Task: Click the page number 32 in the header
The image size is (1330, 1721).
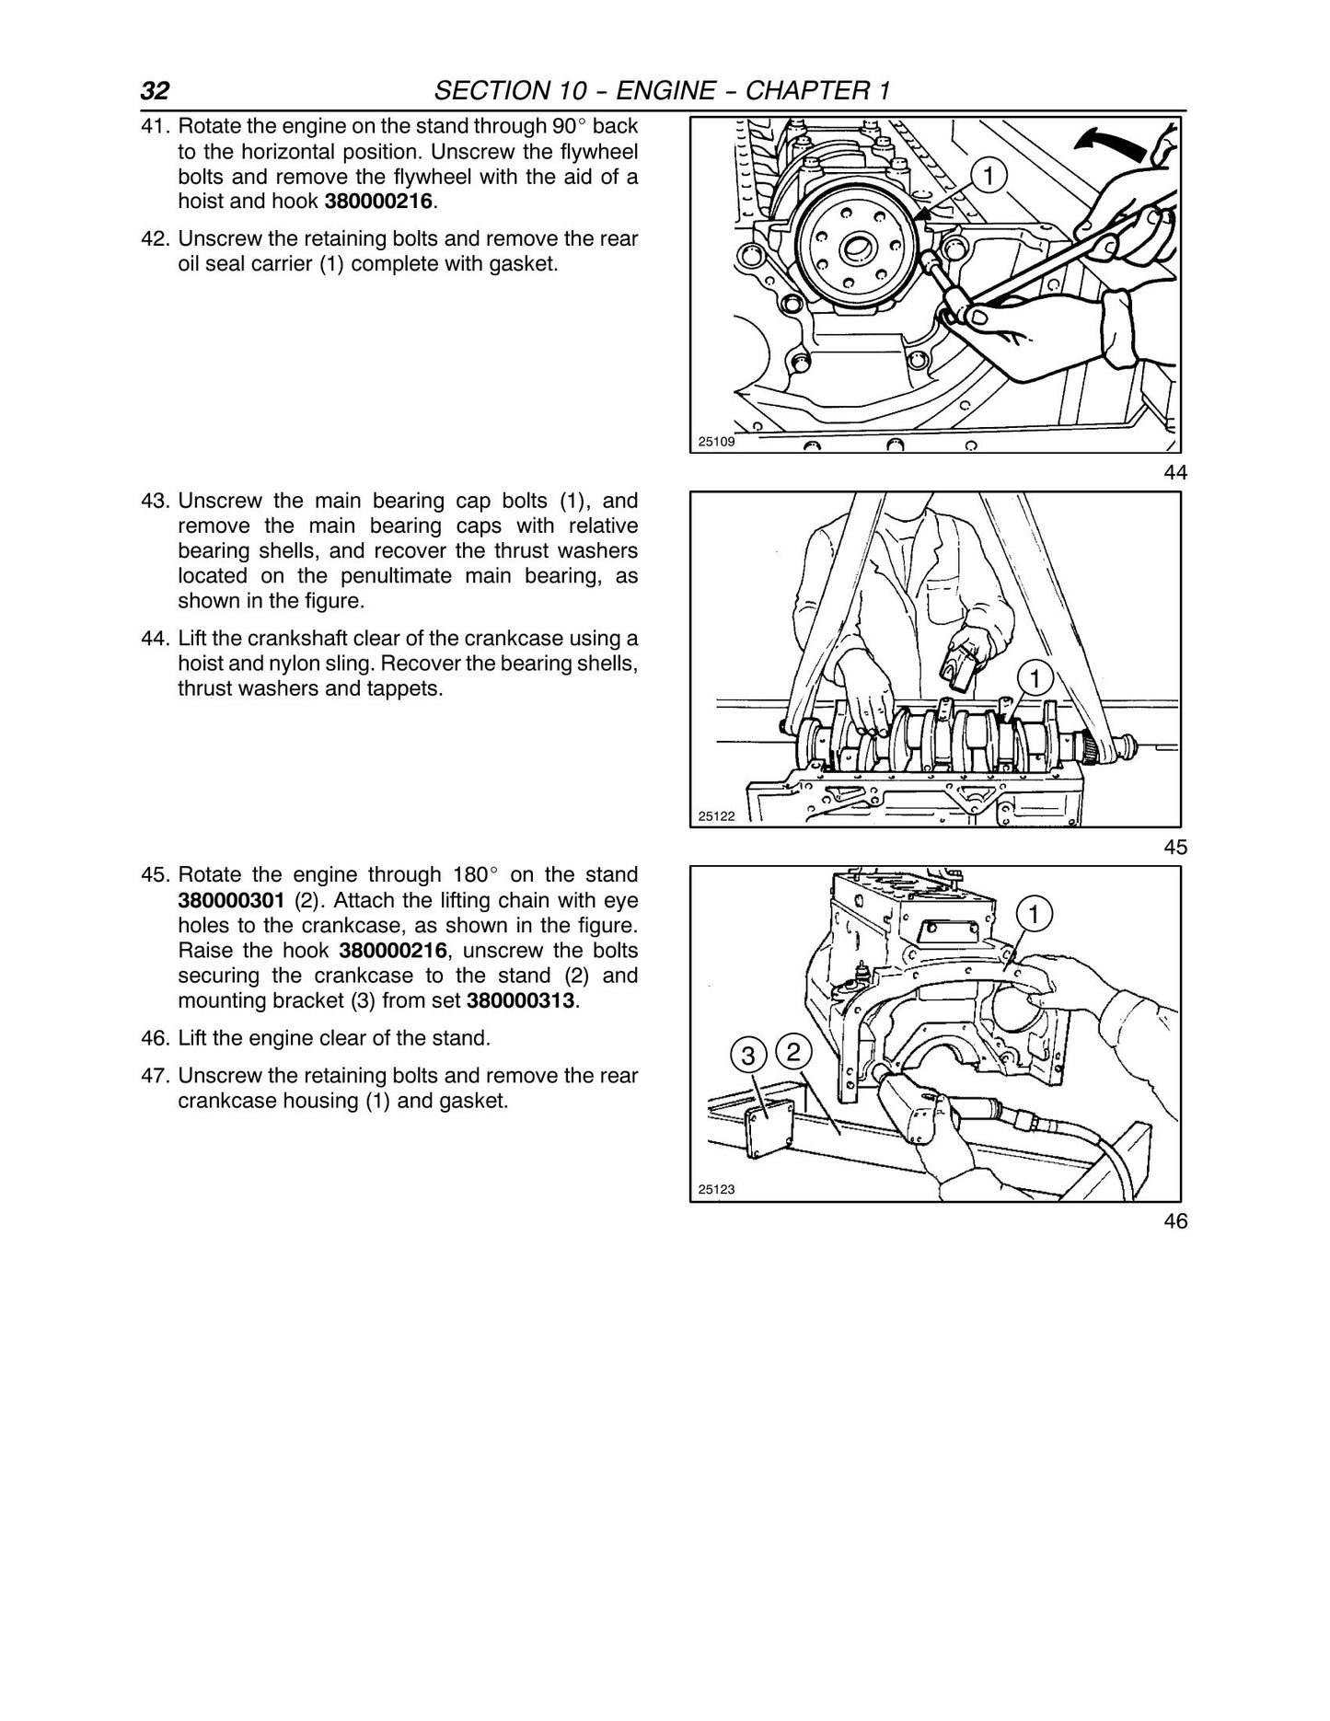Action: pyautogui.click(x=155, y=91)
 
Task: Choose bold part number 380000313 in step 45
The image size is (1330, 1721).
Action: pyautogui.click(x=522, y=1000)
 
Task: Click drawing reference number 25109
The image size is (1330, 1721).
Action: pyautogui.click(x=716, y=442)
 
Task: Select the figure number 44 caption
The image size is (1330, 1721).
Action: pyautogui.click(x=1175, y=473)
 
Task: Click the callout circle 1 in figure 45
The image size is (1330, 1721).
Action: pyautogui.click(x=1035, y=679)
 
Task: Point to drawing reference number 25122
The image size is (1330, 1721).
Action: pyautogui.click(x=716, y=815)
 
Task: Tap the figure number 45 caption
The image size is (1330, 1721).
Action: pyautogui.click(x=1175, y=848)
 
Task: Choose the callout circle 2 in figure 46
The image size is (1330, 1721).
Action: pyautogui.click(x=794, y=1050)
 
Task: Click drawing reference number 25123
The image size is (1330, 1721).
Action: pyautogui.click(x=716, y=1189)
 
